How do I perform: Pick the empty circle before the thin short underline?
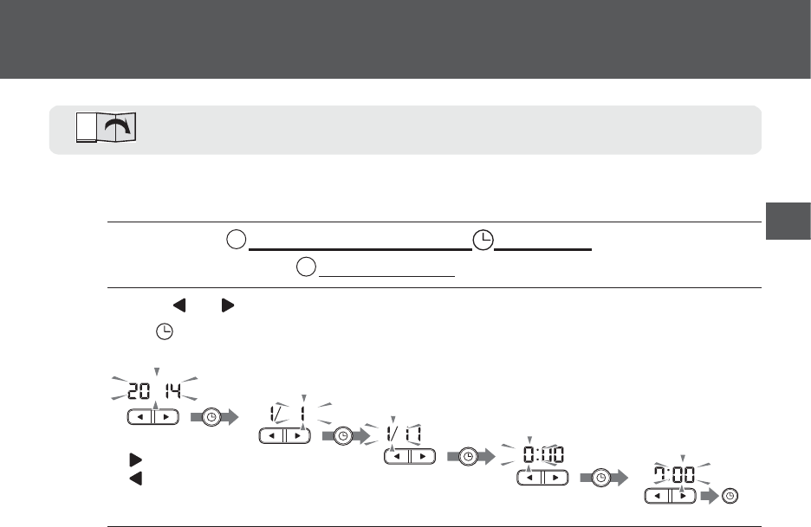306,267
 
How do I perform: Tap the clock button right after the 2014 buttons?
211,418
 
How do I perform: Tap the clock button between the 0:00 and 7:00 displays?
598,477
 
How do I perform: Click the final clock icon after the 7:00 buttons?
730,496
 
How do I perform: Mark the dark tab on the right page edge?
788,221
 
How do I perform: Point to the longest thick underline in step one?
360,248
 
